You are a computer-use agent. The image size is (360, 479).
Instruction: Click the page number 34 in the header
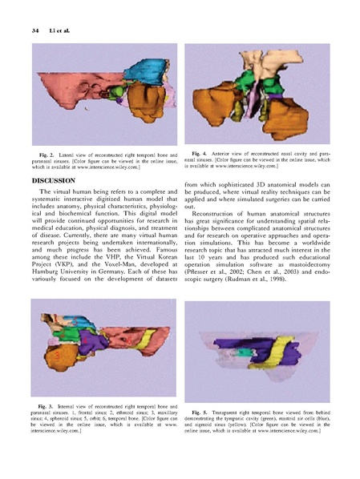[35, 30]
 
